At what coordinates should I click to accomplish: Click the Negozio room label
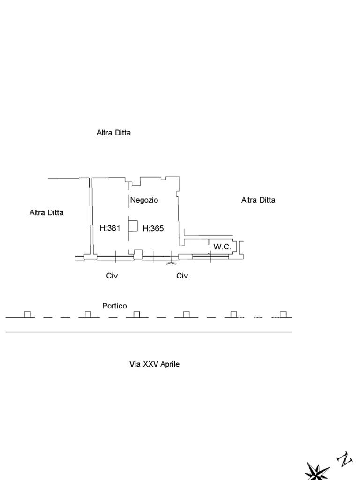[x=144, y=200]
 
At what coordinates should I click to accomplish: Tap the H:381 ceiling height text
[x=110, y=229]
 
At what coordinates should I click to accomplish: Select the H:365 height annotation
[x=153, y=229]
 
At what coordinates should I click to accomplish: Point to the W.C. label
[x=222, y=247]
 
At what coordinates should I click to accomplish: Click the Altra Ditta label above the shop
[x=113, y=133]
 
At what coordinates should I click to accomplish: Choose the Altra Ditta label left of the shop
[x=46, y=213]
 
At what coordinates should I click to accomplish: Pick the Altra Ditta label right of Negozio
[x=258, y=200]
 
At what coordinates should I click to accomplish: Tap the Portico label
[x=114, y=306]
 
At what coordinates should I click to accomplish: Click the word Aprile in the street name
[x=170, y=364]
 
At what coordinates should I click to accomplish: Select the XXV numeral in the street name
[x=150, y=364]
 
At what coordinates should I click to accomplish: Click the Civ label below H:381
[x=112, y=276]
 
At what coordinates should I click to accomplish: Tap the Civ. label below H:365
[x=183, y=276]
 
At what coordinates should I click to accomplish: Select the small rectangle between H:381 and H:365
[x=133, y=226]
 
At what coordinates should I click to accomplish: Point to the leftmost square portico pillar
[x=28, y=315]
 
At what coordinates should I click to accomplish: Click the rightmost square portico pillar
[x=283, y=315]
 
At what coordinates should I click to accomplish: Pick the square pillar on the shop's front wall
[x=138, y=254]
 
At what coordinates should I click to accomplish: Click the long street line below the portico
[x=149, y=332]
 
